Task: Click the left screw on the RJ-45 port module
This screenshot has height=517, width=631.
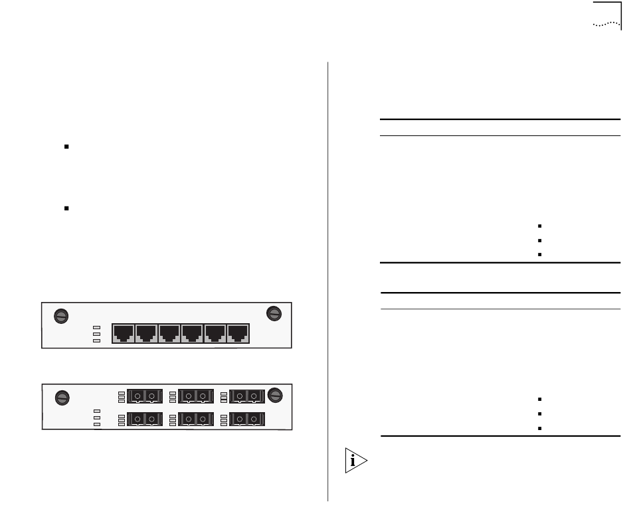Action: (60, 316)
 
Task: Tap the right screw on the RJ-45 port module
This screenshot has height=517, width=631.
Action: (273, 314)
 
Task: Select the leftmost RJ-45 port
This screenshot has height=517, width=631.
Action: (124, 333)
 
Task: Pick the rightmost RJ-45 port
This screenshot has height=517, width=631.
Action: (238, 333)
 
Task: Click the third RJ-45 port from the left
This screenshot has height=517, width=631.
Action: (169, 333)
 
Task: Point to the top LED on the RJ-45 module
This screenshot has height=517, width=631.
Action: (97, 327)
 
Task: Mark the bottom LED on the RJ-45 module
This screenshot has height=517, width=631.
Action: (97, 341)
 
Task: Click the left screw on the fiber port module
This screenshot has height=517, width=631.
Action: (61, 398)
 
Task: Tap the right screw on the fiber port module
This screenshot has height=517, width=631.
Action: (275, 395)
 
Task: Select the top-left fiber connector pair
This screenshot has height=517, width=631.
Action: (144, 397)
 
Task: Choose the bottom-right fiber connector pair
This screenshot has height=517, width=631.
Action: (246, 419)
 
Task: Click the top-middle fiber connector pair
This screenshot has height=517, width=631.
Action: (195, 397)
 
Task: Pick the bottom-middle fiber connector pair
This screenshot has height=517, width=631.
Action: (195, 419)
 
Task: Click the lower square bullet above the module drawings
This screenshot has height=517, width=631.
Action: (67, 208)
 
